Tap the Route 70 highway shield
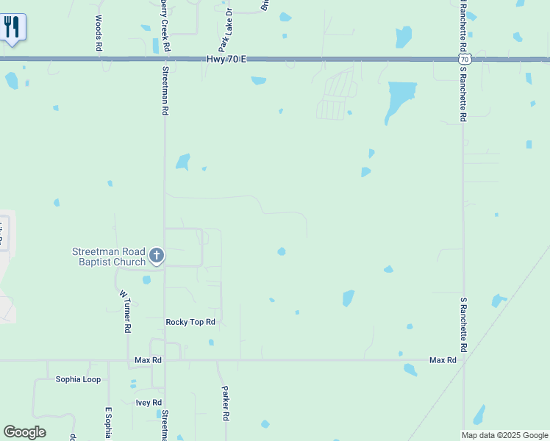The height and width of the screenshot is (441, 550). point(463,59)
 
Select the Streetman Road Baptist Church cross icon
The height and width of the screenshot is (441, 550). point(156,255)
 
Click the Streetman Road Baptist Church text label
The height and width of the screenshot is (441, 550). point(108,257)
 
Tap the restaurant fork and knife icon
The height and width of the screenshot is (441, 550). point(12,28)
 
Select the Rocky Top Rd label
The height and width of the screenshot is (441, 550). point(190,322)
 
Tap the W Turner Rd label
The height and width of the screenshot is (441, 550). point(124,312)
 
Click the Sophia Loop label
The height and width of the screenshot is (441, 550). point(78,379)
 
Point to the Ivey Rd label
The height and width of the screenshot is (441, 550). point(148,402)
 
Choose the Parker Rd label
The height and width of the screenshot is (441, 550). point(226,404)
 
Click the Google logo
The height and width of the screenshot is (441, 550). point(24,432)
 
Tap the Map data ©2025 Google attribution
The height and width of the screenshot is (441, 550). point(504,435)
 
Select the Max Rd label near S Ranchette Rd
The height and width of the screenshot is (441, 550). point(443,360)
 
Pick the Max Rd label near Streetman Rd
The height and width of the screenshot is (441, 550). point(148,360)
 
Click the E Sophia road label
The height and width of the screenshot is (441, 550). point(108,423)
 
